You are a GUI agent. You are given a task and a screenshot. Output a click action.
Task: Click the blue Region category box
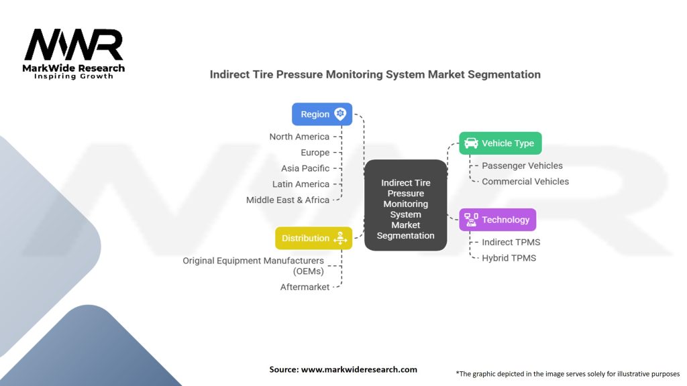[x=322, y=114]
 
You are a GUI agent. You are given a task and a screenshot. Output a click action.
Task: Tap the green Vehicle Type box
[x=500, y=143]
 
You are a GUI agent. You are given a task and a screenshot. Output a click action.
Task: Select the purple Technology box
[x=497, y=220]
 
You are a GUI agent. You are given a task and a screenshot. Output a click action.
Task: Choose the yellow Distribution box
[x=313, y=238]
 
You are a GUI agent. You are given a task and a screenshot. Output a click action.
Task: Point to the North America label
[x=299, y=137]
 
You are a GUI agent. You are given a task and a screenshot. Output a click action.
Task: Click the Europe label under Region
[x=315, y=153]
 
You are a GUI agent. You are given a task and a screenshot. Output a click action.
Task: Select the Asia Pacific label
[x=305, y=168]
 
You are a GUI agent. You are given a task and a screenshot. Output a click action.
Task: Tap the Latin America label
[x=301, y=184]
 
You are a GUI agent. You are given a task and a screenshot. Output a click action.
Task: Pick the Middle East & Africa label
[x=288, y=200]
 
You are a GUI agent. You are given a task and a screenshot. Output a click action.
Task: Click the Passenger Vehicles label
[x=522, y=166]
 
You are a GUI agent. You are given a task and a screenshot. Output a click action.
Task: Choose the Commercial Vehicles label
[x=525, y=182]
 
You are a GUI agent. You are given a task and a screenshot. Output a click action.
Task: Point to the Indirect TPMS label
[x=511, y=242]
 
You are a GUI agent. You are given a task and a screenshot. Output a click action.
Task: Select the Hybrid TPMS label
[x=509, y=258]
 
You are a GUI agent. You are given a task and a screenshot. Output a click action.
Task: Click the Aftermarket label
[x=305, y=287]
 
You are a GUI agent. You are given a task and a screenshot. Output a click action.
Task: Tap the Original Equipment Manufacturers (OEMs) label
[x=253, y=265]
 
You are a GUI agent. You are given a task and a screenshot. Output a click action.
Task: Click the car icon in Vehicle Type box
[x=471, y=143]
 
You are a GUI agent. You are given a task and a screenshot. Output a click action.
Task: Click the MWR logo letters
[x=74, y=46]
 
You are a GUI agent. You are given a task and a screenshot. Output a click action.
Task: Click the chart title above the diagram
[x=375, y=74]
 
